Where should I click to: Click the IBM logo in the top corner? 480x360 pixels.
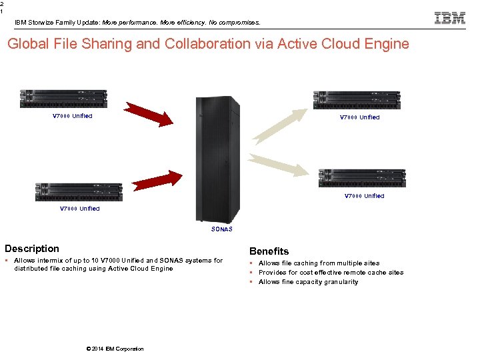[450, 18]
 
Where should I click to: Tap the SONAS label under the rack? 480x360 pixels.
[222, 229]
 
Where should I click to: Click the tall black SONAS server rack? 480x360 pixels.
[217, 159]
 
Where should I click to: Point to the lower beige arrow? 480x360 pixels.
[280, 165]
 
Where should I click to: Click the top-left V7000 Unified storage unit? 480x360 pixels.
[64, 99]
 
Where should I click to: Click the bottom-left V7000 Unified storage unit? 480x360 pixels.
[79, 192]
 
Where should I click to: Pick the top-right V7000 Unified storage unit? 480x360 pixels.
[357, 100]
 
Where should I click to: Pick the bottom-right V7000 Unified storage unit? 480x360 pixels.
[362, 178]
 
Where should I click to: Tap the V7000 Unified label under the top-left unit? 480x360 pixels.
[72, 116]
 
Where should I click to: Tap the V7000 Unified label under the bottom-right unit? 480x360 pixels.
[364, 196]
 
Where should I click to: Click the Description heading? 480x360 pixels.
[32, 249]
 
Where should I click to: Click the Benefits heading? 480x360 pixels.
[269, 251]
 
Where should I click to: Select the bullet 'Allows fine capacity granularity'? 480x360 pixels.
[308, 282]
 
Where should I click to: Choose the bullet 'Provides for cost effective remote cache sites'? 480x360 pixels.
[331, 273]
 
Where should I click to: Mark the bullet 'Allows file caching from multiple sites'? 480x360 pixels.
[319, 263]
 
